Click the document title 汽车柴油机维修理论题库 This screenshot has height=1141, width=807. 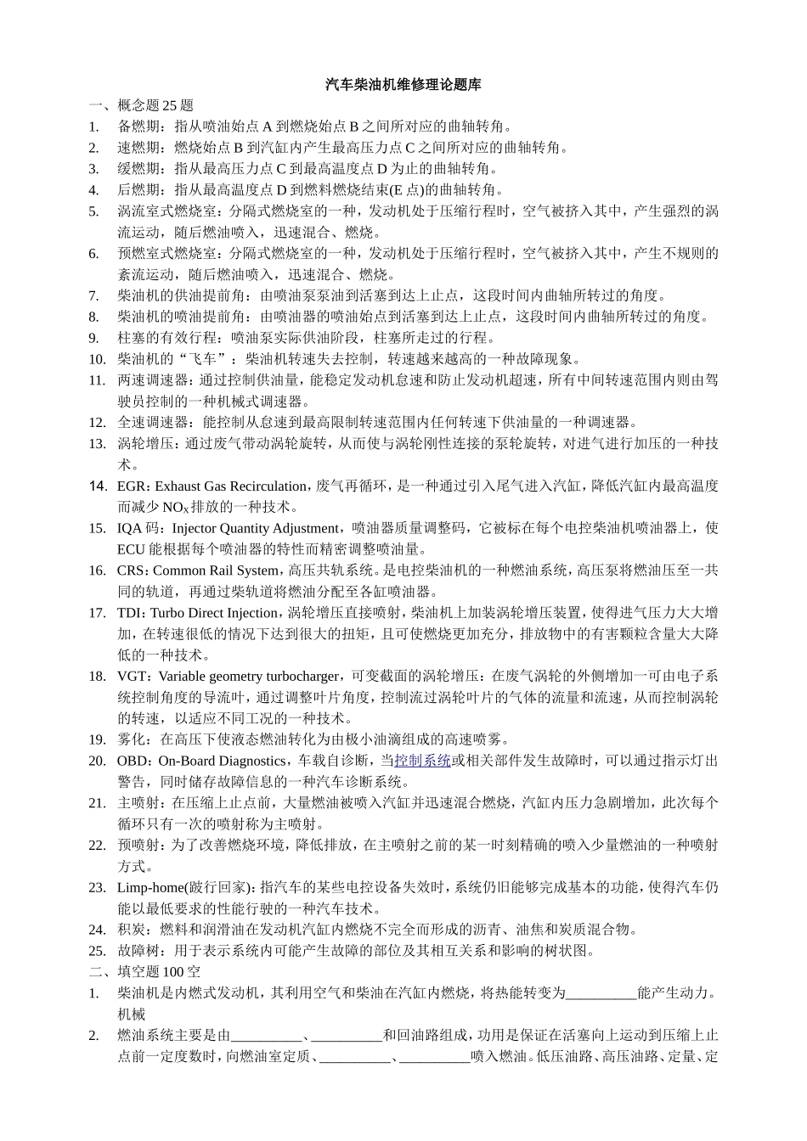point(403,85)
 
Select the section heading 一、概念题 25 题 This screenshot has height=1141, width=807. point(141,106)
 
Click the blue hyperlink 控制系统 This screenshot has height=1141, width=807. point(423,762)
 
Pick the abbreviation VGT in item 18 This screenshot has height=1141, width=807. point(132,677)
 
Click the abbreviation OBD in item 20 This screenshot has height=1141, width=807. point(132,762)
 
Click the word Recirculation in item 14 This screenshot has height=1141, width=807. point(269,486)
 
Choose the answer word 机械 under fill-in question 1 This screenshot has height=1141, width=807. point(132,1015)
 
